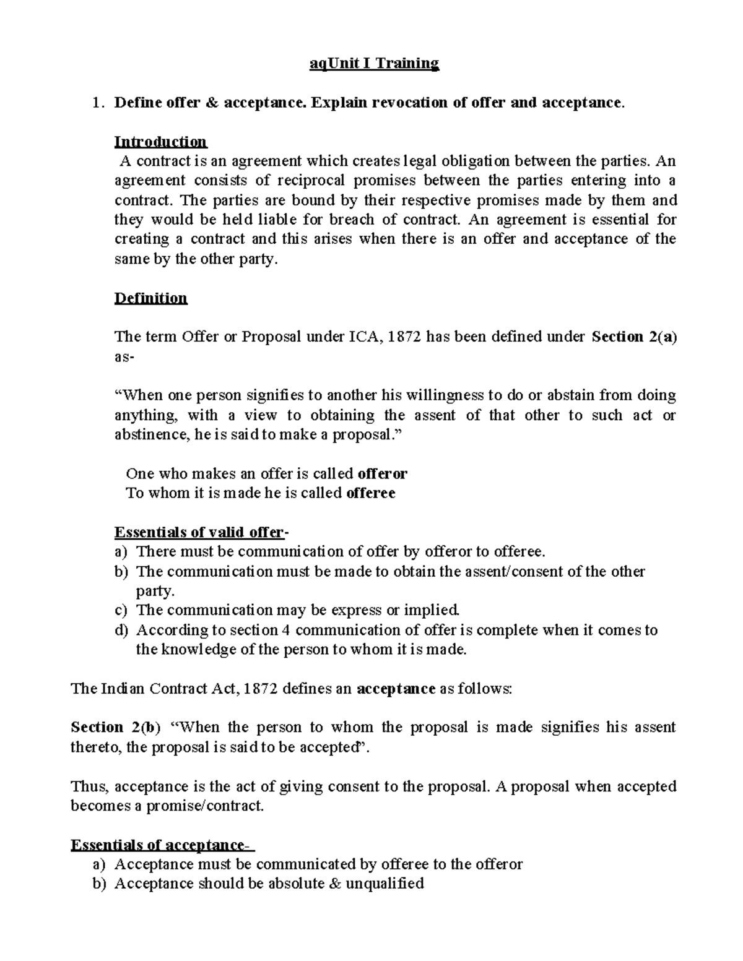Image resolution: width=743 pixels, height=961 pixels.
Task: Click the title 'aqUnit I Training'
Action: [374, 64]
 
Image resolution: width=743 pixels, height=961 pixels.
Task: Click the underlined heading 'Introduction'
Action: [160, 142]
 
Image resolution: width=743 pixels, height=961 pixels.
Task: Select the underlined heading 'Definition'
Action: [150, 298]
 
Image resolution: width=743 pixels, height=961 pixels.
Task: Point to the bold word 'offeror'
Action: [383, 474]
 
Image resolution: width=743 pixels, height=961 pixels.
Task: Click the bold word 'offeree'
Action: [370, 493]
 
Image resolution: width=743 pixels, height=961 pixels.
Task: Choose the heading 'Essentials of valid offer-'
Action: [201, 532]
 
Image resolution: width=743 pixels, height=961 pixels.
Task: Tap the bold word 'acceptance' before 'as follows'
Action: [397, 689]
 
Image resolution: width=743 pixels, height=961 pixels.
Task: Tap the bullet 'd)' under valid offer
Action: [121, 631]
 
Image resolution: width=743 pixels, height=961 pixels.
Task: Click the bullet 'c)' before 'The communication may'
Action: [121, 611]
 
